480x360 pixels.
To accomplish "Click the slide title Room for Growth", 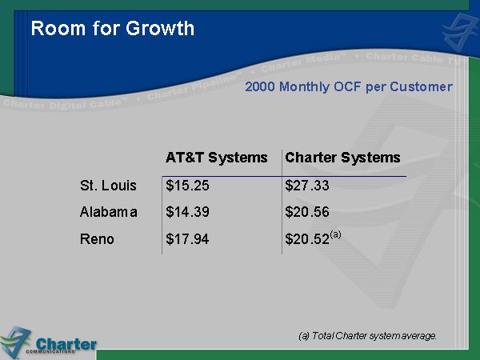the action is point(113,29).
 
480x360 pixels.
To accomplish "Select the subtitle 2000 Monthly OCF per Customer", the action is point(349,86).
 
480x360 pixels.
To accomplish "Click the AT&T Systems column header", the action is point(217,158).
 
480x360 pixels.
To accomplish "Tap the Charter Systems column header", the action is point(342,158).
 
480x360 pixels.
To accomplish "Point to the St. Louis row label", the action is point(108,186).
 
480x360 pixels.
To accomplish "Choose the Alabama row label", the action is point(108,212).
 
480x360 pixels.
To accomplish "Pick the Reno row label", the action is point(97,238).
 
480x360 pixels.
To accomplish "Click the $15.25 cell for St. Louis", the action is point(187,186).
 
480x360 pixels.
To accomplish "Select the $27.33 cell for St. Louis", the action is point(307,186).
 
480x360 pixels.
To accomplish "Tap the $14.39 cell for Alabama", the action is point(187,212).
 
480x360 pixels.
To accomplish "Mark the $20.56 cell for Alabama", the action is point(307,212).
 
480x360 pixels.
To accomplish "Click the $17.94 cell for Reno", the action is point(187,238).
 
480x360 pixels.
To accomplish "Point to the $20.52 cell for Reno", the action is point(307,238).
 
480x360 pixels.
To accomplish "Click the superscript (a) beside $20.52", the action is point(335,234).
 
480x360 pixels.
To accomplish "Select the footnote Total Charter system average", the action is point(374,336).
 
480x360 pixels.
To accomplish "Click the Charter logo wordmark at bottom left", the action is point(66,344).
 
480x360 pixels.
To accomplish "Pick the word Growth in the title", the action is point(160,29).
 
